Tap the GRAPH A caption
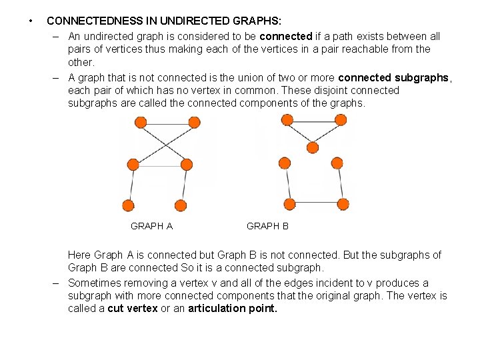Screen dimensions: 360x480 coord(151,226)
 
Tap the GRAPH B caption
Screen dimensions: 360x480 coord(267,226)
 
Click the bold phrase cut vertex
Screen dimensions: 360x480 coord(133,309)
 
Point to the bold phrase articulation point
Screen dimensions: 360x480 coord(233,309)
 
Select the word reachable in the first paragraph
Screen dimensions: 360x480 coord(376,49)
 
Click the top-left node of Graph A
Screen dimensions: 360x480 coord(140,123)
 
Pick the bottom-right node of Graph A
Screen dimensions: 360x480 coord(180,205)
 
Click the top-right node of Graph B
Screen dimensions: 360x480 coord(340,120)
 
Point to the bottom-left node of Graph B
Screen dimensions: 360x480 coord(289,203)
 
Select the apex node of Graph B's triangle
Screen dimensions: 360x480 coord(312,147)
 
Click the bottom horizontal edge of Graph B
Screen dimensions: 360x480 coord(316,203)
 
